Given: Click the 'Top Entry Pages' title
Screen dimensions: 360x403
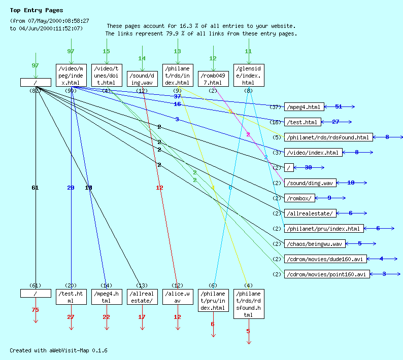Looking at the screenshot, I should (37, 10).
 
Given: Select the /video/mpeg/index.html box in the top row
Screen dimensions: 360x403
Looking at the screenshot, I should (71, 76).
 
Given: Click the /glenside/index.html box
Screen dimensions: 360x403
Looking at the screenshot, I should (248, 76).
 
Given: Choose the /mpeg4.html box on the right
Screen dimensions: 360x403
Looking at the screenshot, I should (304, 107).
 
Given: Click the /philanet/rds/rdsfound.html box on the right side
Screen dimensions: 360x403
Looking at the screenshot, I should (328, 137).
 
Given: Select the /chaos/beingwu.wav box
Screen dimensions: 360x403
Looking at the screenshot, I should (315, 244).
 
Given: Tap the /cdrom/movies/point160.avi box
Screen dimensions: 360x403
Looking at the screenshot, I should (327, 274).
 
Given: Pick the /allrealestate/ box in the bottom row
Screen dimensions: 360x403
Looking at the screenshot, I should (142, 297).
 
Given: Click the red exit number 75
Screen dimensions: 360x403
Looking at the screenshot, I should (35, 310).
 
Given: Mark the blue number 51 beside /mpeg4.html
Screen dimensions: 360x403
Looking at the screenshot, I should (339, 106).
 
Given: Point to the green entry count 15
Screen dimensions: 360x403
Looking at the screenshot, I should (106, 51).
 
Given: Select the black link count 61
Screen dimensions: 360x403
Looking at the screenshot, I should (35, 188).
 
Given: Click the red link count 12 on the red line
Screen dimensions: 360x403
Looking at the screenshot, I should (159, 188).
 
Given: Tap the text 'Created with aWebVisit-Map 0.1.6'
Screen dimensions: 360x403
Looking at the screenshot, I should (58, 350).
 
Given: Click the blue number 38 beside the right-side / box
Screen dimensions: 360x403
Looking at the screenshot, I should (308, 167).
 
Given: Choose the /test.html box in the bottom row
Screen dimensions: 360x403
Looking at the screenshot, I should (71, 297).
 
